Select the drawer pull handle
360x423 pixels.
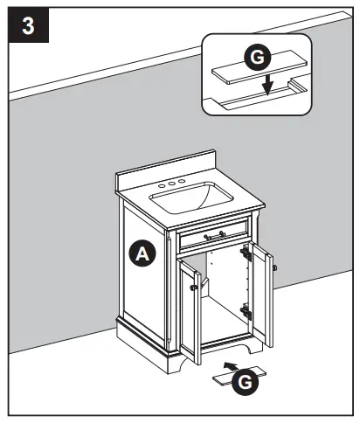coord(213,235)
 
